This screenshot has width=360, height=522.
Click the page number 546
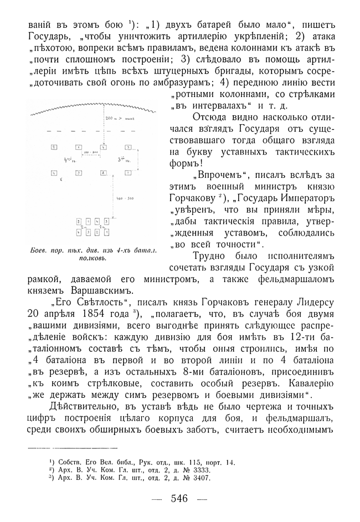click(x=180, y=498)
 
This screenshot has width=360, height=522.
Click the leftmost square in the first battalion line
click(x=54, y=147)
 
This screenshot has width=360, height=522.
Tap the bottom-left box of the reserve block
click(x=79, y=232)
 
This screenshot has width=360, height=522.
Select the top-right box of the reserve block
click(x=106, y=222)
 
